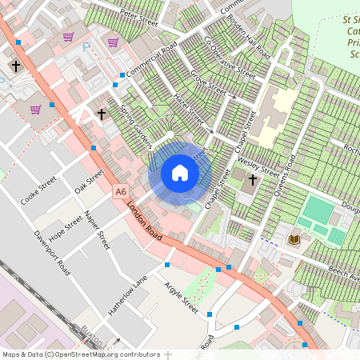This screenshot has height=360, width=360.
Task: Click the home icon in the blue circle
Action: pos(180,173)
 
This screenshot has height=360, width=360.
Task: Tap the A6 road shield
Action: pos(120,191)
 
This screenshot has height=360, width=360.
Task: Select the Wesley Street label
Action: pos(258,167)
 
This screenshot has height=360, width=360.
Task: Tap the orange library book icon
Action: pos(294,239)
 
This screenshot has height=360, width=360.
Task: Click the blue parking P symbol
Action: pos(86,47)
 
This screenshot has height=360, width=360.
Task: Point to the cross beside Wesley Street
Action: pos(253,180)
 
